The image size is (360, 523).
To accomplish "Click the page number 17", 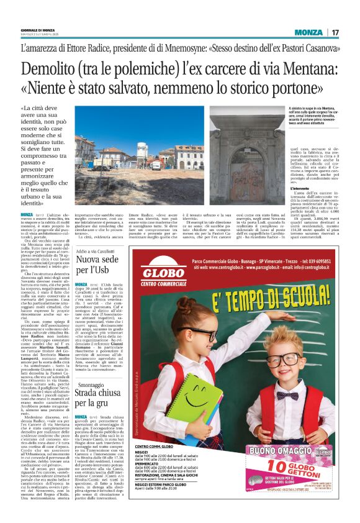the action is (x=335, y=32).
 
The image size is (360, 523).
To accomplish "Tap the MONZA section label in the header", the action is (x=308, y=32).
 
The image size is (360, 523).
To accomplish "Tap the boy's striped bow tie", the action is (x=287, y=394).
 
